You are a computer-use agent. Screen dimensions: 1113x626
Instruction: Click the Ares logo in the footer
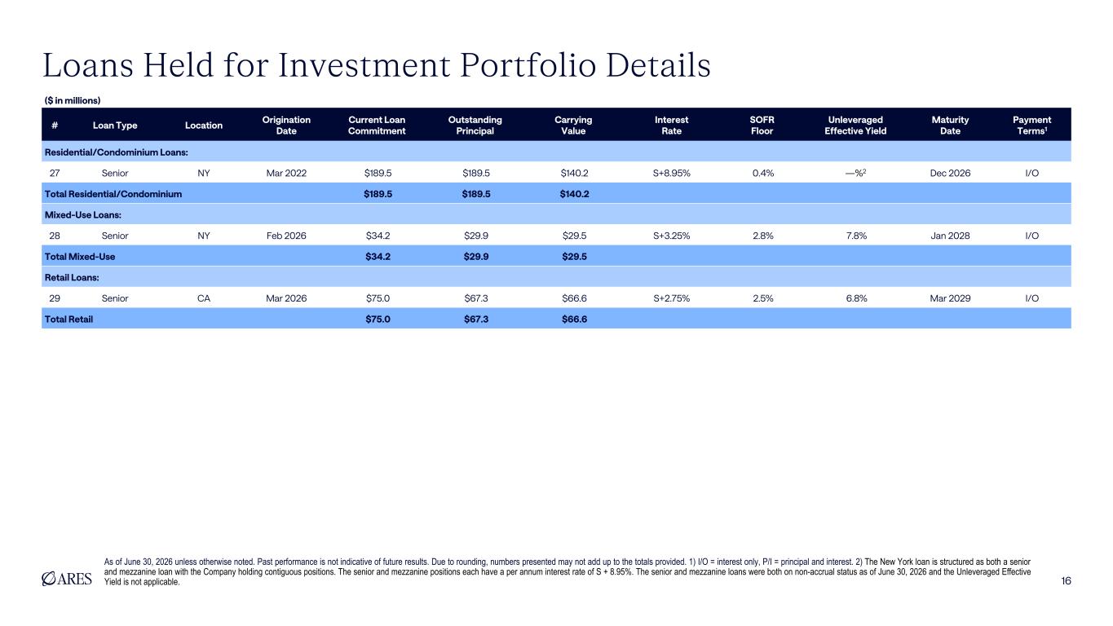[67, 579]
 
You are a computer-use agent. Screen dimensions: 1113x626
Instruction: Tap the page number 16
[1066, 581]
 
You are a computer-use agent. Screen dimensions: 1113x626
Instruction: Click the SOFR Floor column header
[762, 126]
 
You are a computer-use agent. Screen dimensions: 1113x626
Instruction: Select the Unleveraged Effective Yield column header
[855, 126]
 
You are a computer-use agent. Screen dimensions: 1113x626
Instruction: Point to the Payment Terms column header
[1032, 126]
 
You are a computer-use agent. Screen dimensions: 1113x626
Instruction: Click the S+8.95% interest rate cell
[671, 173]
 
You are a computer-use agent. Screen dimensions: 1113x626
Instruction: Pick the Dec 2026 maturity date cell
[950, 173]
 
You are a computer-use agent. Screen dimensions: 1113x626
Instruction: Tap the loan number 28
[55, 236]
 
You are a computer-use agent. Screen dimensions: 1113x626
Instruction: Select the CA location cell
[204, 298]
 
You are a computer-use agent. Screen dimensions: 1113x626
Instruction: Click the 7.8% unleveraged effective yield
[856, 236]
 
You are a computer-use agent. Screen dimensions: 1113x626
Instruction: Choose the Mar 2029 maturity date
[950, 298]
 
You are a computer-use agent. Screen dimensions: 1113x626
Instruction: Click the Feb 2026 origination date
[286, 236]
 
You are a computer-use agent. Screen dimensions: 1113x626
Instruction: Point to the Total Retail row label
[68, 319]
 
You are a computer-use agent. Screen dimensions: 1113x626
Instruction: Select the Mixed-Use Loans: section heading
[83, 214]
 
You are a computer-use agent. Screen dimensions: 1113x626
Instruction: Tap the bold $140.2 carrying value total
[574, 194]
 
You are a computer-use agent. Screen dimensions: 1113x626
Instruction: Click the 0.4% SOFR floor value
[762, 173]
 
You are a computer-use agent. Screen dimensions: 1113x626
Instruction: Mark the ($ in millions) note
[73, 100]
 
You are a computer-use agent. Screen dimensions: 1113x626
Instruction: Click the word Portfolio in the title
[528, 65]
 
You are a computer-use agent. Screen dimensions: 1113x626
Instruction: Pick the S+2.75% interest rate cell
[671, 298]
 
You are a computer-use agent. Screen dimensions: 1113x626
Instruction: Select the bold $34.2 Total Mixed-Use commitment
[378, 257]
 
